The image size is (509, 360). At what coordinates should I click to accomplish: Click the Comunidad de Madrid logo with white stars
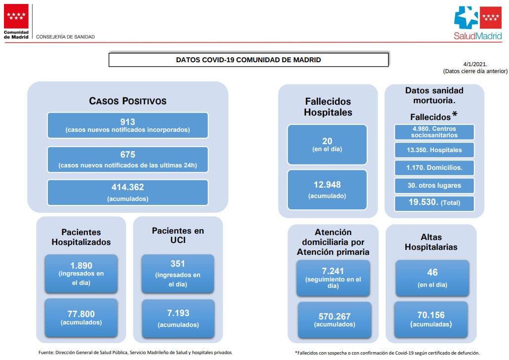point(16,16)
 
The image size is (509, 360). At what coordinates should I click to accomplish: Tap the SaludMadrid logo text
point(477,36)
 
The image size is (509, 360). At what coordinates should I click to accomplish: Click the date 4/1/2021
point(475,64)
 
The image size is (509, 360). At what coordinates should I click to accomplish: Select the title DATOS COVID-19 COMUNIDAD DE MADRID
point(248,60)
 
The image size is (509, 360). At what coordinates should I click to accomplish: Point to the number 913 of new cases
point(127,122)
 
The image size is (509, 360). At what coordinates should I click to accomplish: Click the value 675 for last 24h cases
point(127,155)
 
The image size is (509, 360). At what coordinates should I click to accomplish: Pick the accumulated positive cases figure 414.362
point(127,187)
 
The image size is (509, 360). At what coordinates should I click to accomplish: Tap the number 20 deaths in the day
point(327,141)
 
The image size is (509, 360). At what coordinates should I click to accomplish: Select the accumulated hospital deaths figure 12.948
point(327,185)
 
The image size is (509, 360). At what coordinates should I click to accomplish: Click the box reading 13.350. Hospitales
point(434,150)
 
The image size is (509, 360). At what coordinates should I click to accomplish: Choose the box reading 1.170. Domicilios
point(434,168)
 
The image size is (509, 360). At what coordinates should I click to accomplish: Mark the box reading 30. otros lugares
point(434,186)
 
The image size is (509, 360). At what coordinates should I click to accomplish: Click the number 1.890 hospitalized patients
point(81,266)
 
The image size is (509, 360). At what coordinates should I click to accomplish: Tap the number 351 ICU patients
point(178,264)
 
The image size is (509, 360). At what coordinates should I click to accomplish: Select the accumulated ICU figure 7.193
point(178,313)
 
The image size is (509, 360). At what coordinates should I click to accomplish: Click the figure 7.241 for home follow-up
point(333,271)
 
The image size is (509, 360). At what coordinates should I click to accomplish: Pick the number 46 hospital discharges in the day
point(432,272)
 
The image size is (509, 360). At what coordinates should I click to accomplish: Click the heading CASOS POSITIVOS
point(127,101)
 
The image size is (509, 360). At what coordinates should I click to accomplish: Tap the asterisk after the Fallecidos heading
point(455,114)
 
